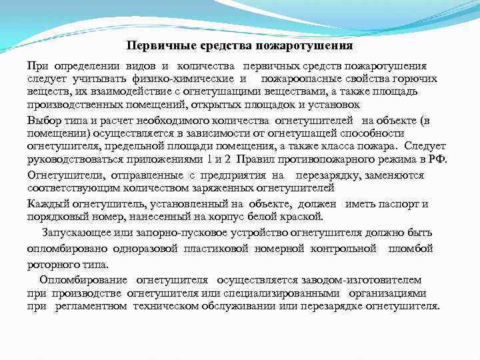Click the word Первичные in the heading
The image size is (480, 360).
click(x=154, y=46)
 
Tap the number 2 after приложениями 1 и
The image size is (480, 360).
click(x=228, y=159)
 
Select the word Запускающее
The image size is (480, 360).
click(x=73, y=233)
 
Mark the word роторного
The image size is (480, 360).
click(x=51, y=264)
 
